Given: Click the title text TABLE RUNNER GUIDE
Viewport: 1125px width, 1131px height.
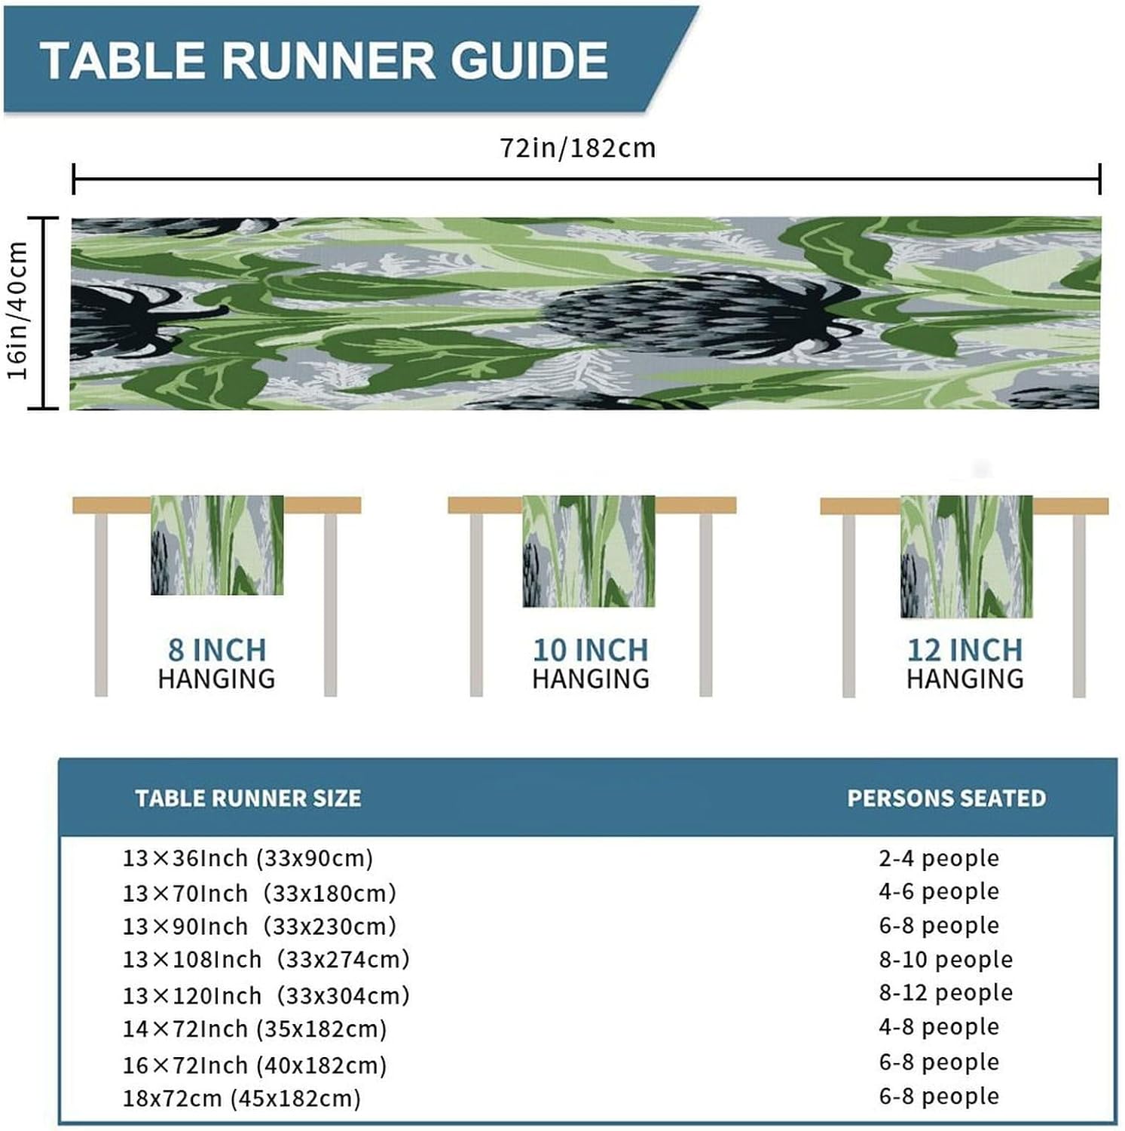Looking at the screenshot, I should click(x=324, y=60).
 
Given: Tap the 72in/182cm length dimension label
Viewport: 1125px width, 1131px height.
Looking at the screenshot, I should click(x=578, y=148).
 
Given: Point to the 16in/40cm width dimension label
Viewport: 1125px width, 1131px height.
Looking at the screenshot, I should click(x=18, y=311).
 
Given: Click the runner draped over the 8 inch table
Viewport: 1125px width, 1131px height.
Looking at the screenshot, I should click(x=217, y=544).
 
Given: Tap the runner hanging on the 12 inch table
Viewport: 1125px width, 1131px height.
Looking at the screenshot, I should click(x=966, y=556).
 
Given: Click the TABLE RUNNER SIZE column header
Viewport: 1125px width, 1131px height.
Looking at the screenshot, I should click(x=248, y=798).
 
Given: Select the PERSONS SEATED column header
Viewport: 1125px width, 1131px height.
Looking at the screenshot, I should click(x=946, y=798).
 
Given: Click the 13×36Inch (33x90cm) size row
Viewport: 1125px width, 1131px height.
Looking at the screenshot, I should click(x=248, y=858).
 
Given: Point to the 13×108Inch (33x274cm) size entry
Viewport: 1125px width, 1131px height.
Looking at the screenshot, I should click(x=266, y=960).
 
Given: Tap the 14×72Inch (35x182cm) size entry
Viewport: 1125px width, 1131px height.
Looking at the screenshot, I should click(x=255, y=1029).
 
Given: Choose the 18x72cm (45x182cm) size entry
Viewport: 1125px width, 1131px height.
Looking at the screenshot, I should click(x=242, y=1099).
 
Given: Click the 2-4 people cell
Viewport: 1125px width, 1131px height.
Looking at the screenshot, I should click(x=939, y=858).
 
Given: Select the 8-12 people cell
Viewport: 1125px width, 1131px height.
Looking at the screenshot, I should click(x=946, y=993).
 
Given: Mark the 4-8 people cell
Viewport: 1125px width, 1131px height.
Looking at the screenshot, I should click(x=939, y=1027).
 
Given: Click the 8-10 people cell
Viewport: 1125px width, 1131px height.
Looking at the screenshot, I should click(x=946, y=960).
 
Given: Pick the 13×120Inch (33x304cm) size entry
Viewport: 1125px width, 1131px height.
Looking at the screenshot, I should click(x=266, y=996).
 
